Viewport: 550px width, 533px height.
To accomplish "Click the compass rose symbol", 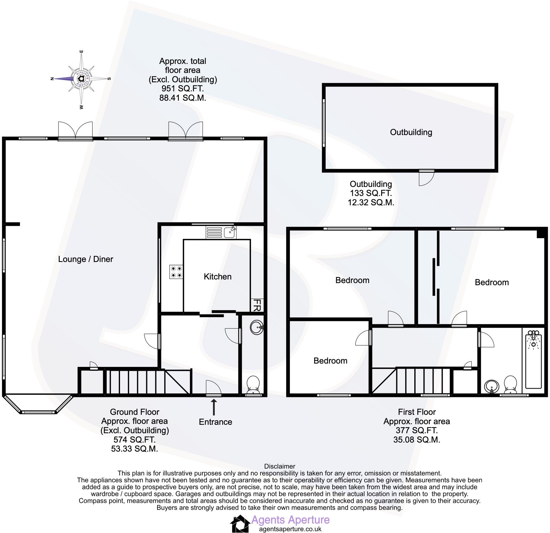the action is click(81, 79).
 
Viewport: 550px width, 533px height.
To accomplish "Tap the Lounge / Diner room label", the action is click(86, 259).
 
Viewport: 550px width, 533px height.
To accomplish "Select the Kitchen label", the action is click(217, 276).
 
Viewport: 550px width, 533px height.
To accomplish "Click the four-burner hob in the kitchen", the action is click(176, 271).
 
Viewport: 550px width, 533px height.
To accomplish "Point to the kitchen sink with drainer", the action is click(221, 232).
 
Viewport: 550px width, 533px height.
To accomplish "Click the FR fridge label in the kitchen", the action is click(257, 305).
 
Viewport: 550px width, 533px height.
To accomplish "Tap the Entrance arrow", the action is click(214, 407).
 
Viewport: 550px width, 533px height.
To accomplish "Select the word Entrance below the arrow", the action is click(215, 422).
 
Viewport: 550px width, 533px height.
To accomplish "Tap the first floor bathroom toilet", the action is click(510, 384).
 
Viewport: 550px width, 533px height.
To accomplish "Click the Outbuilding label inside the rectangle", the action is click(411, 132).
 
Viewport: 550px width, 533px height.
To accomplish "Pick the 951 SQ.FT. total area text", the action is click(183, 89).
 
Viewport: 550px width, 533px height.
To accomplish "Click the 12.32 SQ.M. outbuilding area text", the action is click(371, 202).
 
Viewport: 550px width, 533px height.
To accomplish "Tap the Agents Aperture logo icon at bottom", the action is click(240, 524).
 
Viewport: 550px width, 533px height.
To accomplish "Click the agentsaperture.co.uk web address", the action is click(290, 529).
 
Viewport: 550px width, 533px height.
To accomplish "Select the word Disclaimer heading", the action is click(280, 466).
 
